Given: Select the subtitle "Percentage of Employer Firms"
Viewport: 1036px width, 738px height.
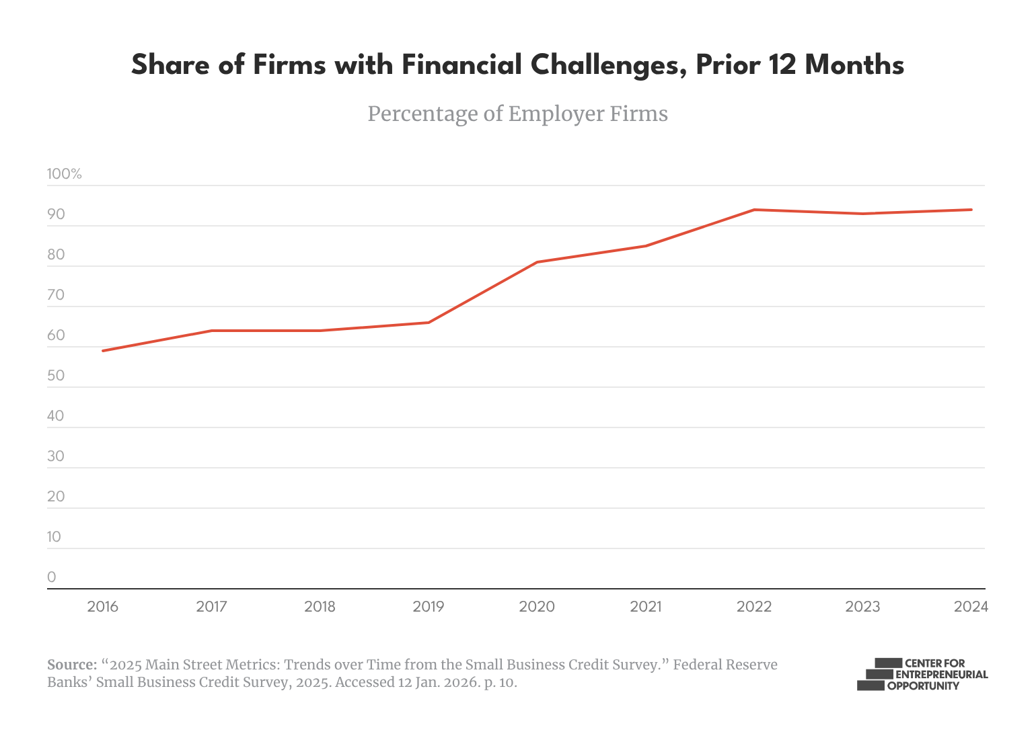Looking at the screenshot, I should [x=517, y=114].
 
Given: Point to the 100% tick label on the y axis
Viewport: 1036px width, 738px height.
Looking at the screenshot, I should [x=64, y=174].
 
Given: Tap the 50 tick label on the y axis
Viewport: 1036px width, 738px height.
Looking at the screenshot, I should [x=56, y=376].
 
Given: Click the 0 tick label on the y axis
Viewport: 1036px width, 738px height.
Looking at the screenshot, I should [x=52, y=577].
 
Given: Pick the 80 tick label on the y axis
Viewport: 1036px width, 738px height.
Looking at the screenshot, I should [x=56, y=255].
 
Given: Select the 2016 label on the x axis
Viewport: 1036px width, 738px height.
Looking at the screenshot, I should [x=102, y=607].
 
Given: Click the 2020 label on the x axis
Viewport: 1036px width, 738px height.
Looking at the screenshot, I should [x=537, y=607].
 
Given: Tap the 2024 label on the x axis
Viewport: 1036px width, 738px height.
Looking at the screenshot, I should [x=971, y=607].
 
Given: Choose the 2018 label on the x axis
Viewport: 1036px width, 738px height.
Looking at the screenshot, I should [x=320, y=607].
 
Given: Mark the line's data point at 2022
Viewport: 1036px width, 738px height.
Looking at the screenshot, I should [x=754, y=210].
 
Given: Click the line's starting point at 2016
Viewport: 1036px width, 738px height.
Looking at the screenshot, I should [x=102, y=351].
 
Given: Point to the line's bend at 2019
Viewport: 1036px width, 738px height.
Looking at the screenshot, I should [x=429, y=323].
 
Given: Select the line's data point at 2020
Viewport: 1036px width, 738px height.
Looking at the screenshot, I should [x=537, y=262].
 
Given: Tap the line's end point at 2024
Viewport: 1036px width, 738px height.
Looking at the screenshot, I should [x=971, y=210].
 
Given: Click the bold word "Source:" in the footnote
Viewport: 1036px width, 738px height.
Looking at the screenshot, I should [x=72, y=665].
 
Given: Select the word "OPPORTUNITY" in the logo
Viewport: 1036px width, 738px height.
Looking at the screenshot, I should [x=923, y=686].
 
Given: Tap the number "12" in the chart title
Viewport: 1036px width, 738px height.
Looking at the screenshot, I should [x=782, y=66].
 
